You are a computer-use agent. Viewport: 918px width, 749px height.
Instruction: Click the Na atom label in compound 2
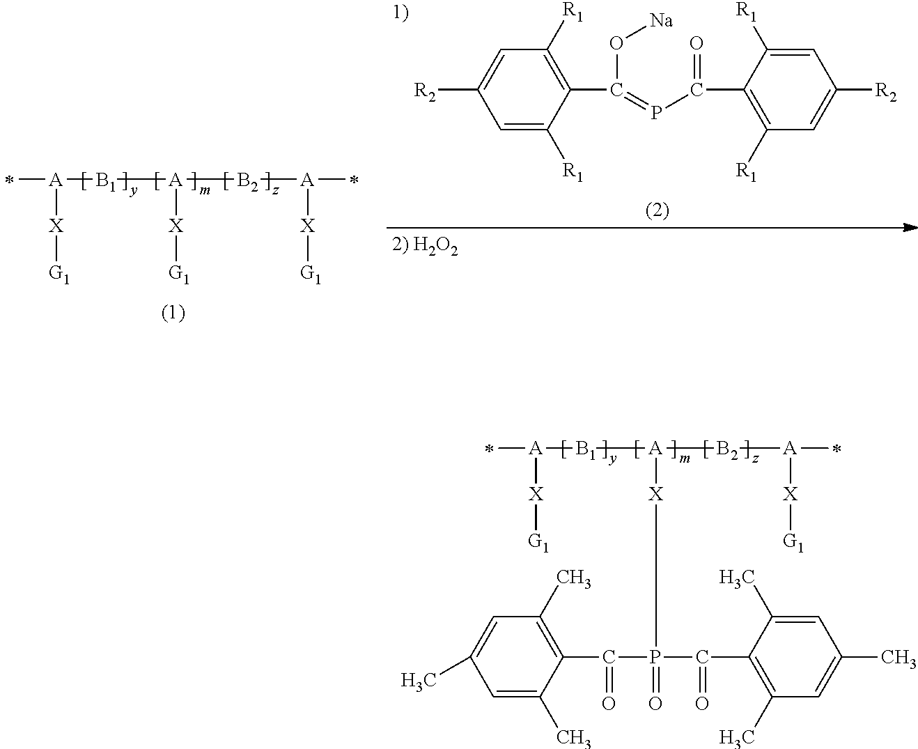(x=661, y=20)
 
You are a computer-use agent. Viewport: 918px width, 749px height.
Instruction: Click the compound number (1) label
(x=173, y=314)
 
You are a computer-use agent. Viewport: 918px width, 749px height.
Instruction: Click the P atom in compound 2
(x=655, y=111)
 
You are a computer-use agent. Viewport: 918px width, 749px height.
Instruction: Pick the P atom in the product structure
(x=655, y=656)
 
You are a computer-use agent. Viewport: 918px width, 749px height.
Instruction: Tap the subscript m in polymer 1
(x=205, y=190)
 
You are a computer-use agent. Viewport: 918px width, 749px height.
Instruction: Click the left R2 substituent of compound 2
(x=426, y=91)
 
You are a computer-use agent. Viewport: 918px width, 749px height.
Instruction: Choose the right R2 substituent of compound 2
(x=885, y=91)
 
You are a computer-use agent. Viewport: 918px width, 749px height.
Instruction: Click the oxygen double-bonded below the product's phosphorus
(x=655, y=704)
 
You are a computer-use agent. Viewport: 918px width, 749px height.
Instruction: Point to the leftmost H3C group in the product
(x=419, y=679)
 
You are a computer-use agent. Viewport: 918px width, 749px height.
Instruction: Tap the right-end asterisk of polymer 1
(x=354, y=181)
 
